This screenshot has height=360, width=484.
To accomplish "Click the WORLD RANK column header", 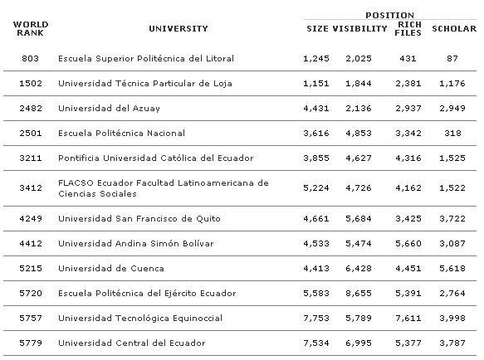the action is point(25,29).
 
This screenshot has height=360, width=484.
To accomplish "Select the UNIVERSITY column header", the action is point(178,29).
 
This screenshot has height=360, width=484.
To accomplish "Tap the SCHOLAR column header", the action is point(454,29).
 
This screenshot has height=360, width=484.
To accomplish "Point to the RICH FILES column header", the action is point(409,29).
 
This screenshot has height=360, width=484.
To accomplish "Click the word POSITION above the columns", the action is point(389,15).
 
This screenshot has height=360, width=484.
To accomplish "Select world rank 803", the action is point(25,59).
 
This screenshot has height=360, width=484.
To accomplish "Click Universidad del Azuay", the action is point(109,109).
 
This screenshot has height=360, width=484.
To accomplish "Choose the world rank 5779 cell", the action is point(25,343).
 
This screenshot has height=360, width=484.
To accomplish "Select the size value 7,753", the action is point(317,318).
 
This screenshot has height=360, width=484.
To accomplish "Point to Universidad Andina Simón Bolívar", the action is point(135,244).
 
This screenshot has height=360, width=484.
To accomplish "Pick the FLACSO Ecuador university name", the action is point(163,188).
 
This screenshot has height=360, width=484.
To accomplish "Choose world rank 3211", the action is point(25,158).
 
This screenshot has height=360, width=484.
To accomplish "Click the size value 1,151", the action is point(317,84).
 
